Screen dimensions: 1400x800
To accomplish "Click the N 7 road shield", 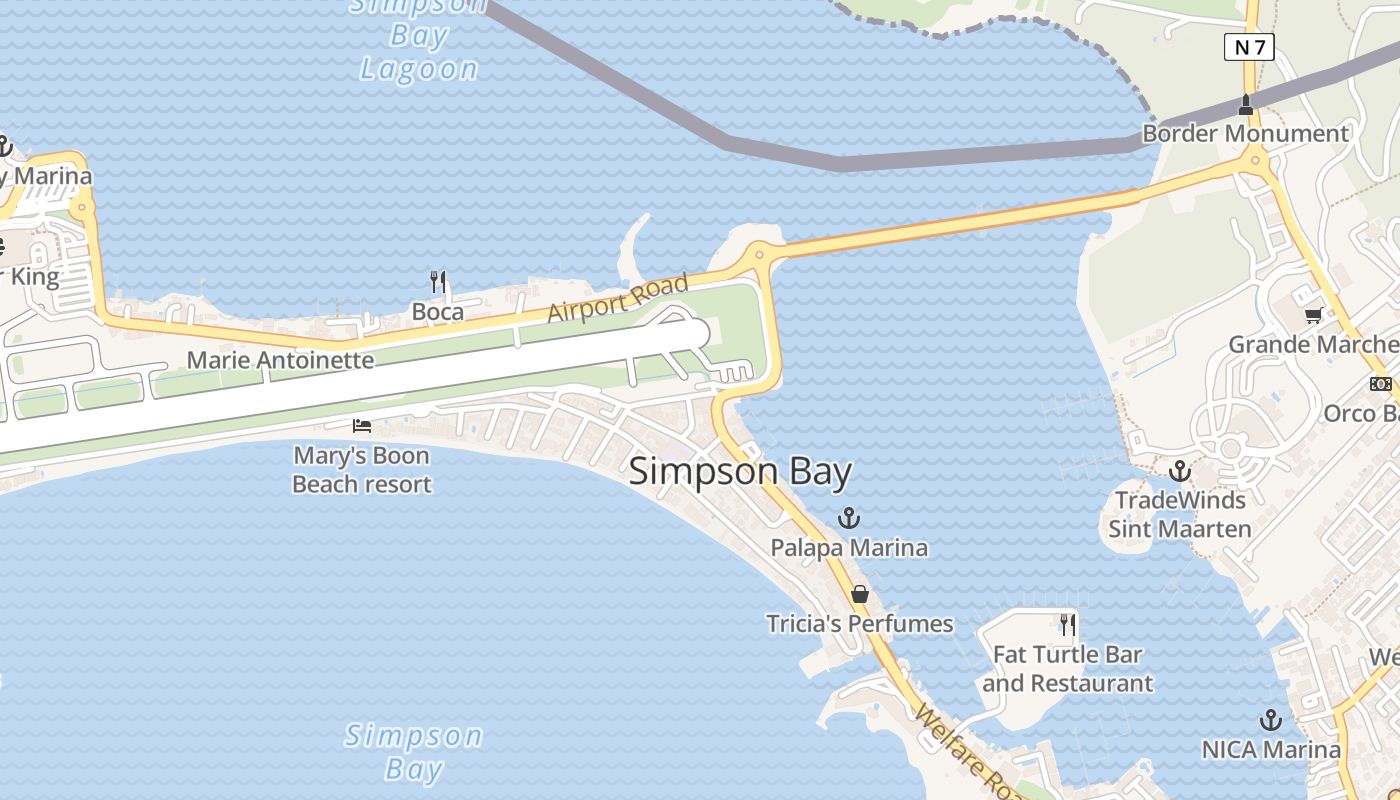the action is tap(1249, 46).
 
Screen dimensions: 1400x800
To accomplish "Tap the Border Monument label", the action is tap(1245, 133).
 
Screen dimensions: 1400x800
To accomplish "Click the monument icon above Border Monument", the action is tap(1246, 103).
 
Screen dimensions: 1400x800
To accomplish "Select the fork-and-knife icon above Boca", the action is tap(437, 281).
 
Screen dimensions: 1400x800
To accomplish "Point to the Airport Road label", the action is tap(618, 298).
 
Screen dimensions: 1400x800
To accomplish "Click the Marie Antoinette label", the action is tap(280, 360).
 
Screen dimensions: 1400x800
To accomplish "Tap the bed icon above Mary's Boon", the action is tap(362, 426).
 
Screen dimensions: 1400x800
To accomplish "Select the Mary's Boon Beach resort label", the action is tap(361, 470).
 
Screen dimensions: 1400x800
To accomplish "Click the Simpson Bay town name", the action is tap(740, 472).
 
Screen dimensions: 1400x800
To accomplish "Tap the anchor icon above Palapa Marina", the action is tap(849, 518).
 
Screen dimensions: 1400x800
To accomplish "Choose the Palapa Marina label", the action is tap(849, 548).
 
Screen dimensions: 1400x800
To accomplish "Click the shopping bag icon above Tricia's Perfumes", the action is tap(859, 594).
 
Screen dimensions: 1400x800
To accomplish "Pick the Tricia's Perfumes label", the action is tap(859, 624).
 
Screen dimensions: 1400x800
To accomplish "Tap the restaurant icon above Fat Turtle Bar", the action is tap(1068, 625).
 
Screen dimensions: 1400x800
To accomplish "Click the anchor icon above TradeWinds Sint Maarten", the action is tap(1180, 470).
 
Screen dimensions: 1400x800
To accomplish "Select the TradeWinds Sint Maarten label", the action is tap(1180, 514).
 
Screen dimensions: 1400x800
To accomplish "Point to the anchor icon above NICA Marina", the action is tap(1270, 720).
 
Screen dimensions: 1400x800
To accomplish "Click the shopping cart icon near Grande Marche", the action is tap(1313, 316).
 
